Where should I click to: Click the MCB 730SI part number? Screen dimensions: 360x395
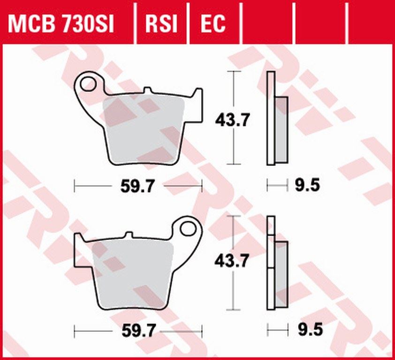61,23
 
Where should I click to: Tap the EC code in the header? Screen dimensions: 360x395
213,23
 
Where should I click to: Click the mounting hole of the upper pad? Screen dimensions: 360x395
88,84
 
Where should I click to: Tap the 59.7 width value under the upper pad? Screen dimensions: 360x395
138,187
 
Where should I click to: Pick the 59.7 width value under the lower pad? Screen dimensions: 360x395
138,331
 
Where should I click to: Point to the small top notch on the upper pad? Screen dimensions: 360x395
147,90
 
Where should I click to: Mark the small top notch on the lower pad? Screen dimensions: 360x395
129,234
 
